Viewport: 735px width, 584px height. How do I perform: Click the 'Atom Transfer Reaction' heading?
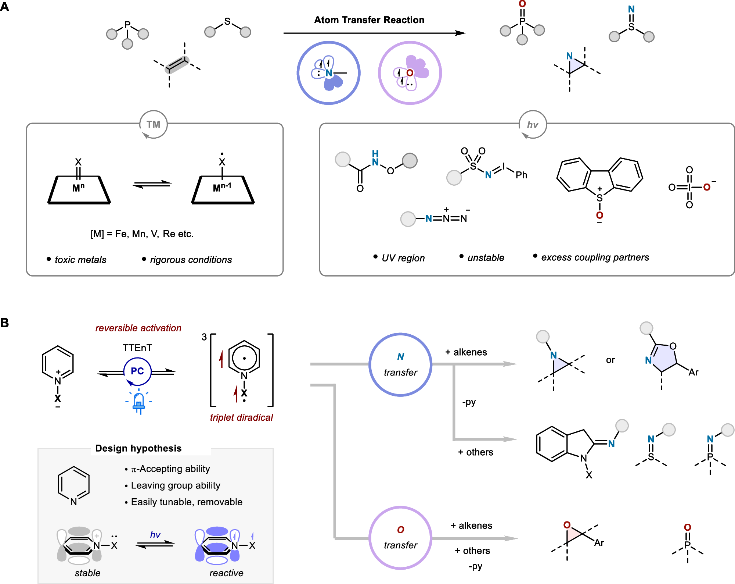click(369, 20)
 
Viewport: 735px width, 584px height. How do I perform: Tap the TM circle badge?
click(154, 125)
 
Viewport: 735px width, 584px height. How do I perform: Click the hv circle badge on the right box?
click(533, 125)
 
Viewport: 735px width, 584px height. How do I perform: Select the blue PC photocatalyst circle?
click(137, 371)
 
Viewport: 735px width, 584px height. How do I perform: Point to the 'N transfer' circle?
click(400, 364)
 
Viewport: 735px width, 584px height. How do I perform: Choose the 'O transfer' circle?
click(400, 538)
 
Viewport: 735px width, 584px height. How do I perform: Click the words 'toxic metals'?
click(80, 260)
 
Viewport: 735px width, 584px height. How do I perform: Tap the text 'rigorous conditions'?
click(191, 260)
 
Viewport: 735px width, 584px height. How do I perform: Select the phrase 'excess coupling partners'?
click(595, 257)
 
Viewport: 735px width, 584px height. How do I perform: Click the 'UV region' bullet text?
click(403, 258)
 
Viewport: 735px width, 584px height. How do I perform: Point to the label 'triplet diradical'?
click(241, 417)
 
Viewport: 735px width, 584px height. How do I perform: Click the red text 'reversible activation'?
click(138, 328)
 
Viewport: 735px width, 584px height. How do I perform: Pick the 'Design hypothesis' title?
click(138, 448)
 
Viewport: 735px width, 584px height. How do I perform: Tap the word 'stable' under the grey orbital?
click(87, 573)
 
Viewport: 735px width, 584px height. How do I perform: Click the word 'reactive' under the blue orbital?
click(226, 573)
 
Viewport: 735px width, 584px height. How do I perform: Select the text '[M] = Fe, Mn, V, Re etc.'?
click(142, 234)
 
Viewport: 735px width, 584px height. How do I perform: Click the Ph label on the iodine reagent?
click(521, 175)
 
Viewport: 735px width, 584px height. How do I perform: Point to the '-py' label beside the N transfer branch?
click(469, 402)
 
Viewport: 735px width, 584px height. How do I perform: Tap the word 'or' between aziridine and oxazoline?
click(610, 360)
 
